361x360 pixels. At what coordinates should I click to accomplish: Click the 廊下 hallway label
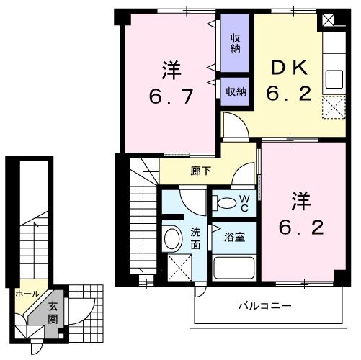click(201, 171)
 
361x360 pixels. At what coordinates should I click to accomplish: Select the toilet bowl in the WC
click(226, 203)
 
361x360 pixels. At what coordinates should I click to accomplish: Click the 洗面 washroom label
click(196, 238)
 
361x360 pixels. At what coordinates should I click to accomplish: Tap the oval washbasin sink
click(173, 238)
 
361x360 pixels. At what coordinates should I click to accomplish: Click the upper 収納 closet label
click(236, 43)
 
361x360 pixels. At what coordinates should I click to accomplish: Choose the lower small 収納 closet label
click(236, 91)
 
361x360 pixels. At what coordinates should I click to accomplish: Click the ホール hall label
click(27, 294)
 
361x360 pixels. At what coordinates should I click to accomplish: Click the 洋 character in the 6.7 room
click(171, 71)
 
